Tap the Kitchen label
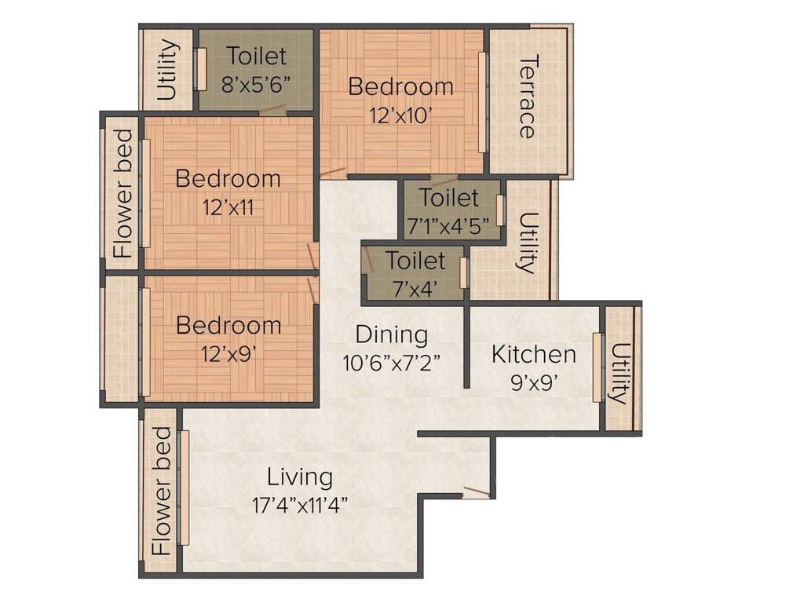point(533,354)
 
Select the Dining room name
point(391,334)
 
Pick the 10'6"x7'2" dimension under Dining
point(391,362)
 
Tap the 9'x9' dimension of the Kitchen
point(533,383)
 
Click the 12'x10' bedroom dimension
point(400,115)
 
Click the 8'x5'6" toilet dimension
point(257,83)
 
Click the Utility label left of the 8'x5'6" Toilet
point(166,71)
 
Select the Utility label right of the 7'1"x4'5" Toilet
point(528,242)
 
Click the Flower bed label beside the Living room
point(161,491)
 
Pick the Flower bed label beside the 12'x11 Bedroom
point(122,194)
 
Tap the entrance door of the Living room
point(476,492)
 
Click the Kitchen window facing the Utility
point(598,367)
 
